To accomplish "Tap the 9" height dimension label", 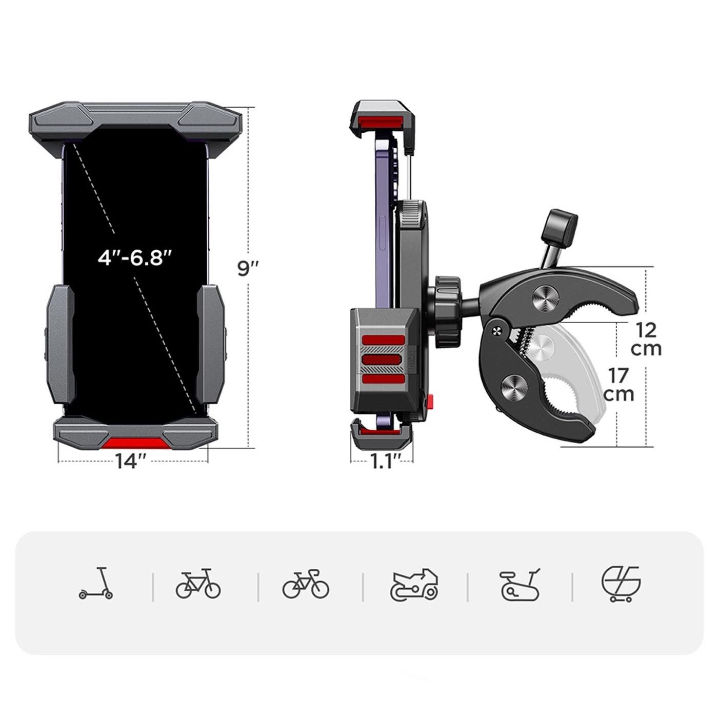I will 248,268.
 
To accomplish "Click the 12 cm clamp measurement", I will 646,338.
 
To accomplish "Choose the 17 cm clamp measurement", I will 619,385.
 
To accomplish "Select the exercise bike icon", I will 520,585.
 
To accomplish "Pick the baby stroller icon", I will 621,584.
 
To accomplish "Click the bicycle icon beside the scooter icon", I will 198,584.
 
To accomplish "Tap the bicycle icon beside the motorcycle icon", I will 306,584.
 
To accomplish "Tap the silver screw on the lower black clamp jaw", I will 515,388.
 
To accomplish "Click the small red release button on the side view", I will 430,399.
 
